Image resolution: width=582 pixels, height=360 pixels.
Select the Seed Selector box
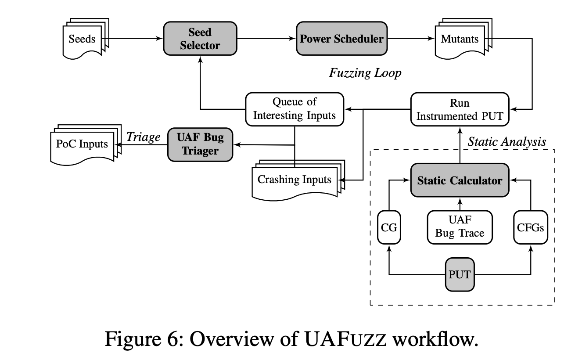click(x=200, y=39)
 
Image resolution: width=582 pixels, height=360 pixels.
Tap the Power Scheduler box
click(x=341, y=39)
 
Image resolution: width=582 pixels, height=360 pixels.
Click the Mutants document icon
click(x=460, y=40)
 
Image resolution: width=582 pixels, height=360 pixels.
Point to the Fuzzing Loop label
click(x=365, y=72)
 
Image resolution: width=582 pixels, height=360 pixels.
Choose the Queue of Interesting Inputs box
click(x=294, y=109)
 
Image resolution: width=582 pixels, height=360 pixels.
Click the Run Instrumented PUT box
click(x=460, y=109)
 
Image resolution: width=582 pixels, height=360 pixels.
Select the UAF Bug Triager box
click(x=200, y=144)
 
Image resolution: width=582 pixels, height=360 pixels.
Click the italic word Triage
click(x=143, y=137)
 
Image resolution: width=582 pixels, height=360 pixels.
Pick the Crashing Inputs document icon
click(x=295, y=180)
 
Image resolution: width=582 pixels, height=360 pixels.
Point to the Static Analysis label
click(x=507, y=141)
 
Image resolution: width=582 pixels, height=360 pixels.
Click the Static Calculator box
click(x=460, y=180)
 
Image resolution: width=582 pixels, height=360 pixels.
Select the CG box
click(x=389, y=228)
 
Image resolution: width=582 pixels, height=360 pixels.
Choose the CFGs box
click(x=531, y=228)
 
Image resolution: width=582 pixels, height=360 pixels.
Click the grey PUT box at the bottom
click(x=460, y=274)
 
